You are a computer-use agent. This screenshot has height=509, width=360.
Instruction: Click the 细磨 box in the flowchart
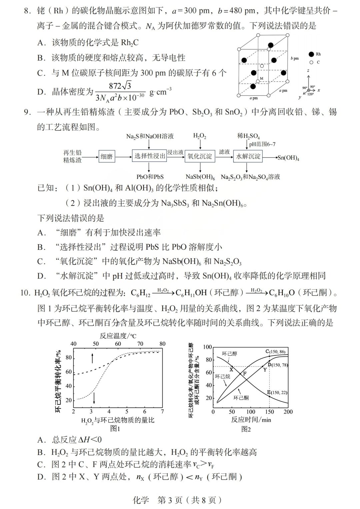[x=107, y=157]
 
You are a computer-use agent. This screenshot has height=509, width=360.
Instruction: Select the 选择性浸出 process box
[x=150, y=156]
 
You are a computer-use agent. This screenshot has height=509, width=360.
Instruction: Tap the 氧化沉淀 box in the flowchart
[x=200, y=156]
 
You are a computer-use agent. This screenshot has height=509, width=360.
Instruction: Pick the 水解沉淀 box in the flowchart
[x=248, y=156]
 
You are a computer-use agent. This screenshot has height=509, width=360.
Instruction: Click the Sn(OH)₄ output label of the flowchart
[x=289, y=158]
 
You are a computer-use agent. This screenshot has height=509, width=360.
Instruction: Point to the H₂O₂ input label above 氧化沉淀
[x=200, y=136]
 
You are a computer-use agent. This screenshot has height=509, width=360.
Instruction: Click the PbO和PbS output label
[x=150, y=177]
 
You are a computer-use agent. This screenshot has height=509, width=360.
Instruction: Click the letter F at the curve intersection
[x=245, y=373]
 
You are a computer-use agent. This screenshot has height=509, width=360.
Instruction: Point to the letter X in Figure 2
[x=231, y=369]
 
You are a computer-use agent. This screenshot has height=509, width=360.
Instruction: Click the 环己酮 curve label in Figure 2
[x=241, y=398]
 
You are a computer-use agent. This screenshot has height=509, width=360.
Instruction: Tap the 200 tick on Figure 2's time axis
[x=288, y=412]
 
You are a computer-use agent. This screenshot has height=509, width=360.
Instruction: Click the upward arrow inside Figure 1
[x=93, y=358]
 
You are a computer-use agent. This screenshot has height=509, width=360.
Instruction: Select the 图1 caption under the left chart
[x=115, y=429]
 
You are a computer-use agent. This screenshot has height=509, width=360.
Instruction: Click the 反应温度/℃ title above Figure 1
[x=118, y=336]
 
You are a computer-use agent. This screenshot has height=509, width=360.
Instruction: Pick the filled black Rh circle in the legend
[x=311, y=54]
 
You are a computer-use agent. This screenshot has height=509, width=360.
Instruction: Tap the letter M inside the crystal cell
[x=261, y=79]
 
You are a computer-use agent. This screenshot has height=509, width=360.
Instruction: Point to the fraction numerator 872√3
[x=120, y=86]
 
